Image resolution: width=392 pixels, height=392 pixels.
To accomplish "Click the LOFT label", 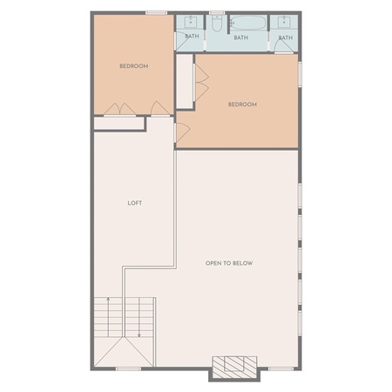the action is [x=135, y=203].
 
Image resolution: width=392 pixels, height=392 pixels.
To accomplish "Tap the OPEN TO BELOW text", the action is [x=229, y=263].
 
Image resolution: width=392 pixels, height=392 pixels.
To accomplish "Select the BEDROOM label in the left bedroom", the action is [x=134, y=66].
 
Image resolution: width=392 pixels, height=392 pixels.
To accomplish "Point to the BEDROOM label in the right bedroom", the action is [x=242, y=105].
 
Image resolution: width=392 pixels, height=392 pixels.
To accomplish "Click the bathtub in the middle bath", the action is [x=247, y=23].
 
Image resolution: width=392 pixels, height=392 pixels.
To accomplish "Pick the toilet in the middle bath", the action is [x=217, y=24].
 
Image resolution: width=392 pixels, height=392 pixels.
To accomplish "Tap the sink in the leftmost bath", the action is [x=191, y=21].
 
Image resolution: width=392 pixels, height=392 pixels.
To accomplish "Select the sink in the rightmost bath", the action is [x=284, y=22].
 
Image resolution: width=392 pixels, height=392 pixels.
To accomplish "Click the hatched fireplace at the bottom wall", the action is [x=234, y=368].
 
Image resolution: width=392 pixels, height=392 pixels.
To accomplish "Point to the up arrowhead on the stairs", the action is [x=108, y=299].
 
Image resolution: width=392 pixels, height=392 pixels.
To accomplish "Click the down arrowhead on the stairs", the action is [x=139, y=335].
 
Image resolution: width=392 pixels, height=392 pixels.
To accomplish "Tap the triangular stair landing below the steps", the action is [x=124, y=352].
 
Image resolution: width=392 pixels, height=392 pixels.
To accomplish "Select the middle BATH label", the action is [x=241, y=37].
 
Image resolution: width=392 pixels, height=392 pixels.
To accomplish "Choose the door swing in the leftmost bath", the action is [x=182, y=41].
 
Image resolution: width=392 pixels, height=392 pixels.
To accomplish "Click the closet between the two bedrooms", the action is [x=185, y=81].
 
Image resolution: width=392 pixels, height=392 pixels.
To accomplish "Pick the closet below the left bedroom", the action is [x=119, y=124].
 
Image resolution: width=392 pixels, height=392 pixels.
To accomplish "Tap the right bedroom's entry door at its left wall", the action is [x=182, y=132].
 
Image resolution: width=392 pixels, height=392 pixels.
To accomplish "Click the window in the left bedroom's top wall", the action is [x=156, y=13].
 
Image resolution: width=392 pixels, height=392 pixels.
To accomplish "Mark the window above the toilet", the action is [x=217, y=13].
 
